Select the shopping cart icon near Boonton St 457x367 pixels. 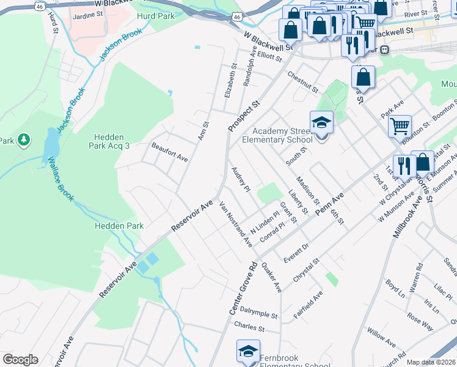tap(400, 127)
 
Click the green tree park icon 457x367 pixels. tap(24, 141)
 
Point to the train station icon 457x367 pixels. tap(385, 50)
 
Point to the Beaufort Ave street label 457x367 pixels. tap(170, 152)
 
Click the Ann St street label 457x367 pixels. tap(203, 132)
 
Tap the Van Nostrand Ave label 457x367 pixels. tap(236, 224)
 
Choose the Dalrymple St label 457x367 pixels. tap(258, 313)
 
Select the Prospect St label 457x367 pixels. tap(244, 116)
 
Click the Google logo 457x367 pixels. tap(20, 360)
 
